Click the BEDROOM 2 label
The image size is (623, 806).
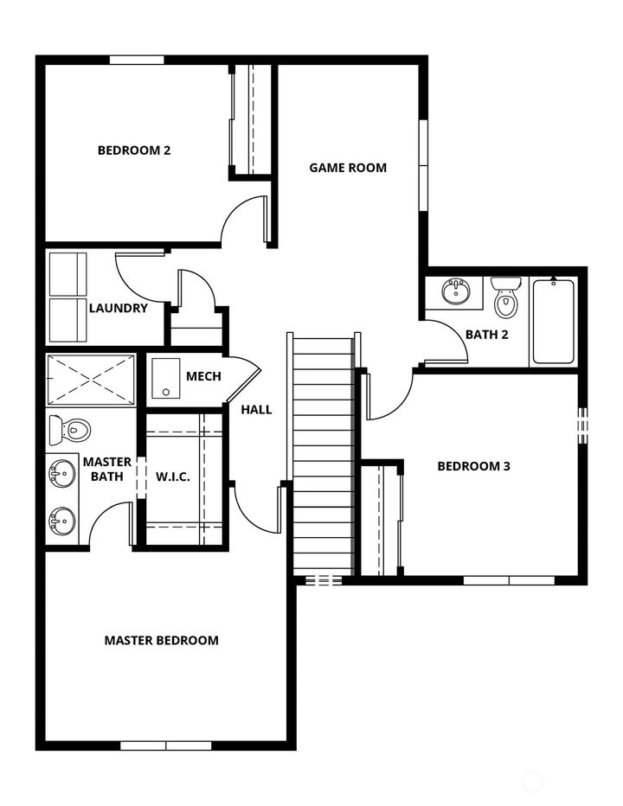pyautogui.click(x=133, y=150)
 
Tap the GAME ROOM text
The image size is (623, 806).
pyautogui.click(x=348, y=167)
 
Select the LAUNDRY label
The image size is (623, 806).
pyautogui.click(x=119, y=308)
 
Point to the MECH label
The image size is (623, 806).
pyautogui.click(x=203, y=376)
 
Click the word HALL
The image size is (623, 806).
pyautogui.click(x=256, y=409)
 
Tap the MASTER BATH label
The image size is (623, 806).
pyautogui.click(x=107, y=469)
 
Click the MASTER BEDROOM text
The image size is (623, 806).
pyautogui.click(x=161, y=640)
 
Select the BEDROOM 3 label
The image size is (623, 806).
pyautogui.click(x=473, y=466)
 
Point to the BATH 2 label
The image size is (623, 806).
pyautogui.click(x=486, y=335)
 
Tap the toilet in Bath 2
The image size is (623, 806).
pyautogui.click(x=505, y=298)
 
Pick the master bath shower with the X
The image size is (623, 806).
pyautogui.click(x=90, y=379)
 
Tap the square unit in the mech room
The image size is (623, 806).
pyautogui.click(x=165, y=379)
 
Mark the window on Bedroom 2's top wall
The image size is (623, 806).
pyautogui.click(x=137, y=60)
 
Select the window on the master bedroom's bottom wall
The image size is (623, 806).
pyautogui.click(x=165, y=745)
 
